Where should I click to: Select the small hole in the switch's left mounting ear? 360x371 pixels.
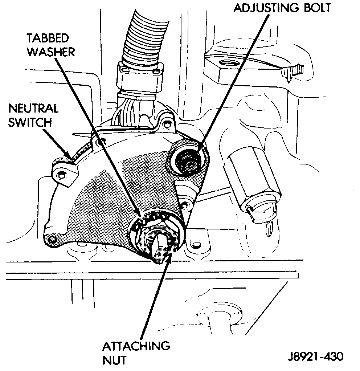[62, 176]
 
